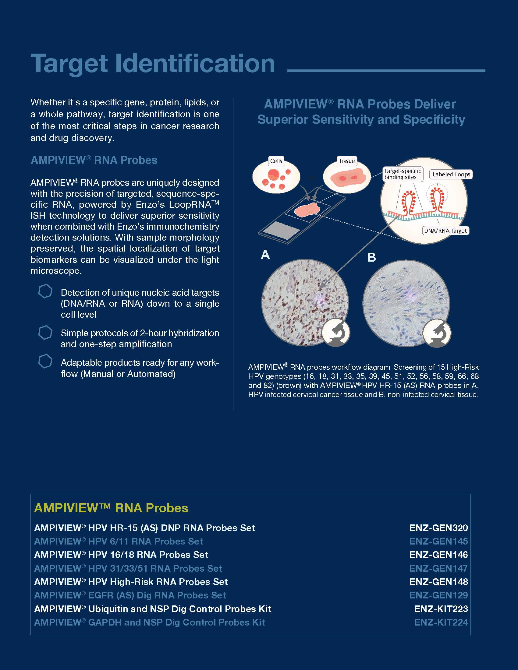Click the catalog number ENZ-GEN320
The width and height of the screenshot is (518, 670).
[x=438, y=528]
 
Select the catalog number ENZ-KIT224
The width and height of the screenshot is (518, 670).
[x=441, y=622]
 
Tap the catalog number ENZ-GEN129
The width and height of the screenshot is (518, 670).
[x=438, y=595]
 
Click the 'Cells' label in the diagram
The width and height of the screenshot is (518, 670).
[x=276, y=161]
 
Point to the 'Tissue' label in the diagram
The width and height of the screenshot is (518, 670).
[x=346, y=161]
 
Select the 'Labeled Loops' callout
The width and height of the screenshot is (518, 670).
[x=451, y=175]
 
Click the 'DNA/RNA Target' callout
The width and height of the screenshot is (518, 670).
[x=445, y=231]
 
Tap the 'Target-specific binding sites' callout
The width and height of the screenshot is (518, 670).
[x=403, y=174]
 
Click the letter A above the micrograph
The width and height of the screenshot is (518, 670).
[x=265, y=255]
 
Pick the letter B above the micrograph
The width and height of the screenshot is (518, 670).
[x=371, y=257]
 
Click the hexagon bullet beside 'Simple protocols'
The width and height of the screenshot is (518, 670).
[x=45, y=333]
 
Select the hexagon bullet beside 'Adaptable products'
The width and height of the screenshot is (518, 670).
[x=45, y=361]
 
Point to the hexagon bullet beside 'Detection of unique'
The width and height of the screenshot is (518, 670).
[x=45, y=291]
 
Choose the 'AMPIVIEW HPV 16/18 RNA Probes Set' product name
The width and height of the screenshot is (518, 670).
[x=121, y=555]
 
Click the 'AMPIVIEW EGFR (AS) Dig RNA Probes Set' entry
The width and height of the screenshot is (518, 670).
[x=130, y=595]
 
